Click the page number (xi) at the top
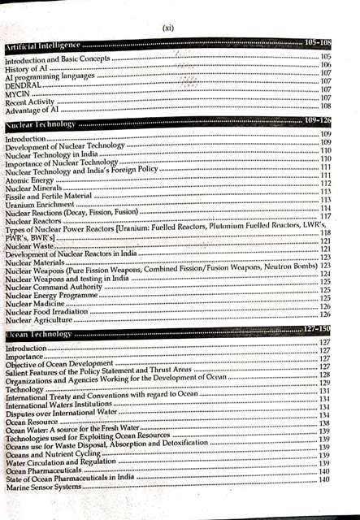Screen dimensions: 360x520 click(x=167, y=27)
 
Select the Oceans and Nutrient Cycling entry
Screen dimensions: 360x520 click(x=53, y=454)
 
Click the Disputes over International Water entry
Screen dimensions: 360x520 click(x=62, y=413)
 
